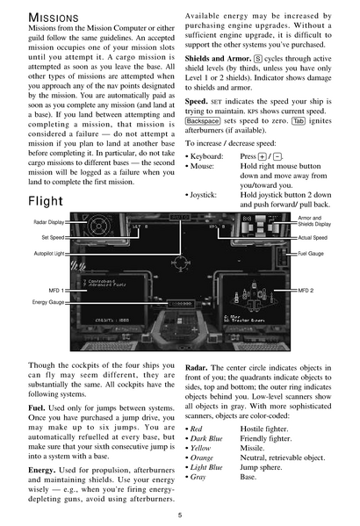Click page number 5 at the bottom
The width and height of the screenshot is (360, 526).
tap(179, 515)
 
